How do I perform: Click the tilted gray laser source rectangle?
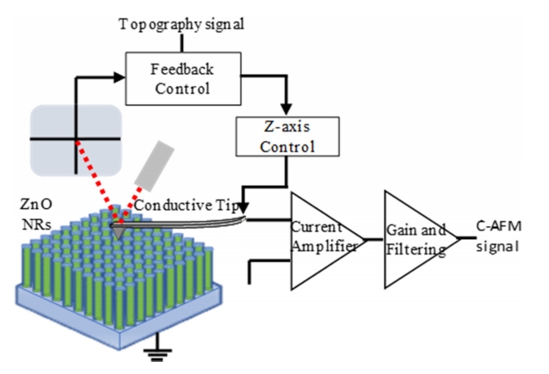pos(155,162)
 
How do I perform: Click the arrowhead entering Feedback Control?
pos(118,77)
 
